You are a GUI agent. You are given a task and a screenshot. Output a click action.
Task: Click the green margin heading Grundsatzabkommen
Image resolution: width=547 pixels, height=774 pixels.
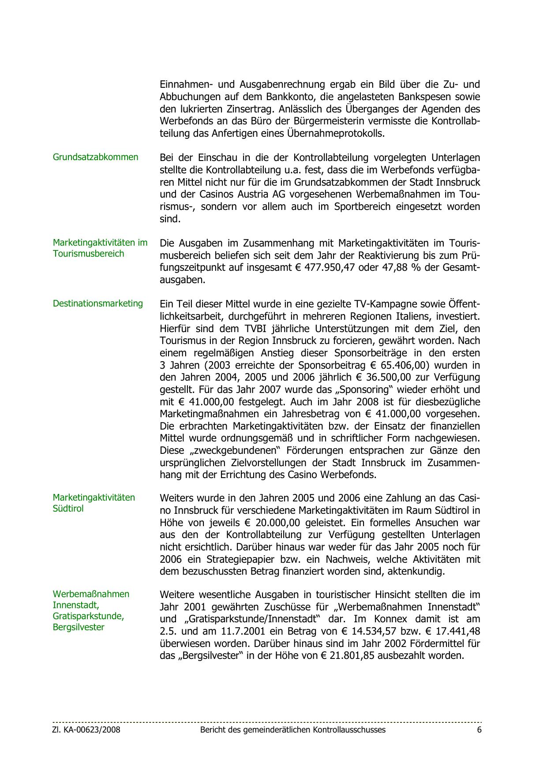[x=95, y=157]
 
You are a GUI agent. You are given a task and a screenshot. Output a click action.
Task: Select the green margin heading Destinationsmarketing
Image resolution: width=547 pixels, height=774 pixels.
[x=98, y=303]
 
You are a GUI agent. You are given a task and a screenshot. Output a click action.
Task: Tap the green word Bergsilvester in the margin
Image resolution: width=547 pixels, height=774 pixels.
[x=79, y=627]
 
